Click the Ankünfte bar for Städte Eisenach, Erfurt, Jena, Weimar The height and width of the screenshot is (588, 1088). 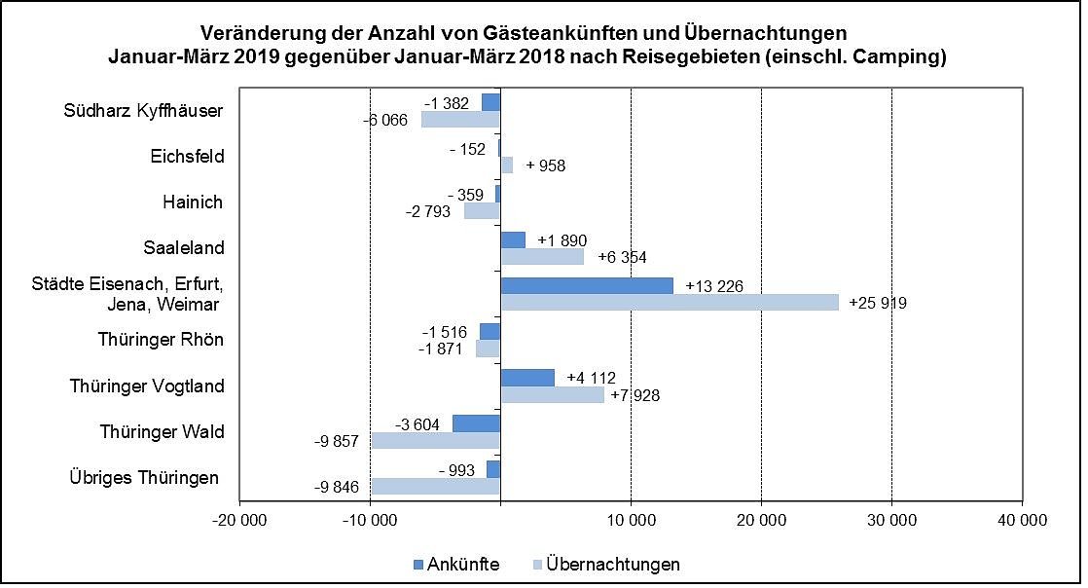[587, 285]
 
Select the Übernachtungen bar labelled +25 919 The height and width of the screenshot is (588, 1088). [670, 303]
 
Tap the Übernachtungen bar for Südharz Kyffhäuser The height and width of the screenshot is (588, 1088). [460, 120]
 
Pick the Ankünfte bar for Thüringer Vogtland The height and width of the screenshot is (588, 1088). [527, 377]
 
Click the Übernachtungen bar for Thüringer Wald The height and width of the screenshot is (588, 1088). [435, 441]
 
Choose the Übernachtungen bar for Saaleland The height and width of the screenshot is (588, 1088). [542, 256]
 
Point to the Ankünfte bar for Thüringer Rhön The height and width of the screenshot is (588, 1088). [490, 331]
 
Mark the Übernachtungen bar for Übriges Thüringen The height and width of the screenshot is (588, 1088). [435, 487]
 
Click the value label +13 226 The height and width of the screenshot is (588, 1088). [716, 286]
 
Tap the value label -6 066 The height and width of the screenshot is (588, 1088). [386, 121]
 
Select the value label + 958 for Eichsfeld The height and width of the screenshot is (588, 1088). [545, 165]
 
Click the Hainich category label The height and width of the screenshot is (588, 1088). [193, 202]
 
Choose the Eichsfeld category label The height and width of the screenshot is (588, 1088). [187, 157]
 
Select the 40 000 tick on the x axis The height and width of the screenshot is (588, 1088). [1022, 522]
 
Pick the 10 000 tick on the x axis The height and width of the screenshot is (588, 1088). [631, 522]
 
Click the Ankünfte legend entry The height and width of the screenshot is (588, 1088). [456, 564]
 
